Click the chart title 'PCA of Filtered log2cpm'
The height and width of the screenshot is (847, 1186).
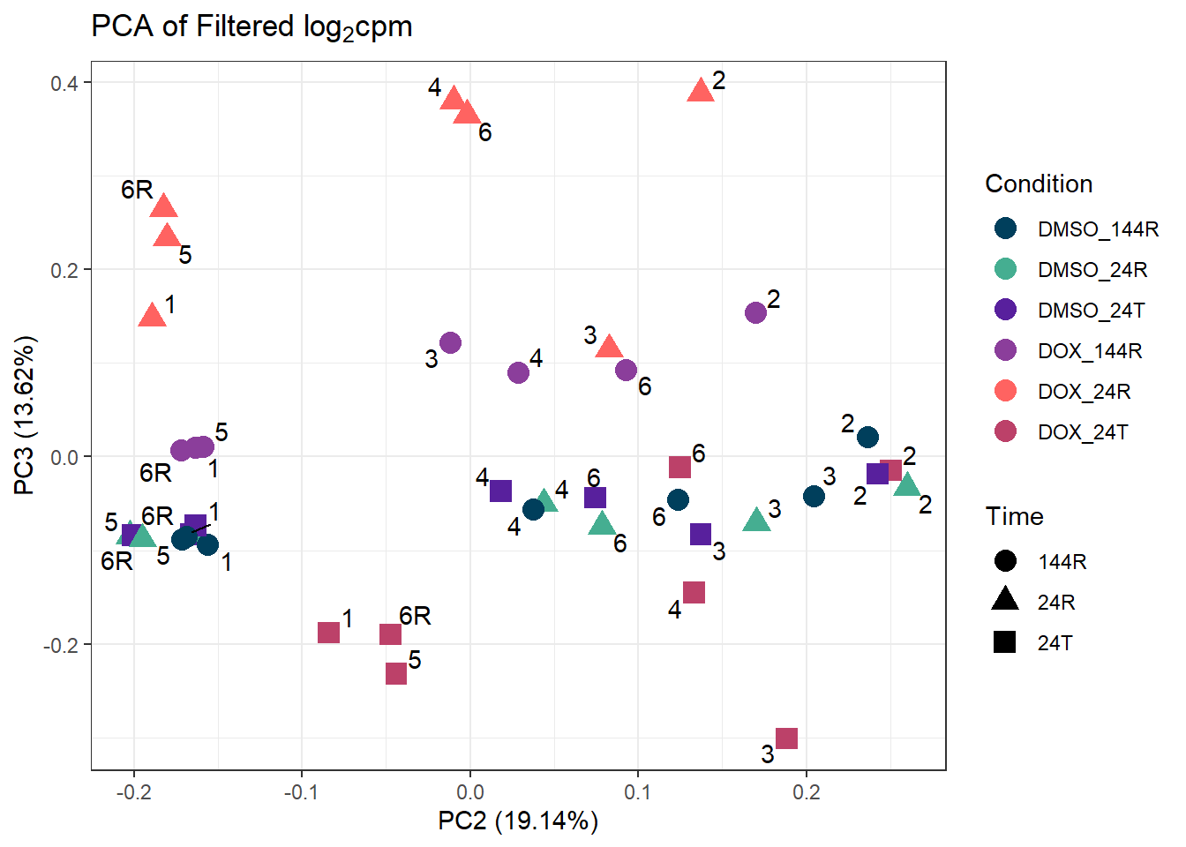point(251,27)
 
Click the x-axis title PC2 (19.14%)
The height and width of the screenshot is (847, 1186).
point(518,821)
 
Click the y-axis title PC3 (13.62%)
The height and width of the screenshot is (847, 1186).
point(24,415)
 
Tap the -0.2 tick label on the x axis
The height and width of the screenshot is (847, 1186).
point(133,792)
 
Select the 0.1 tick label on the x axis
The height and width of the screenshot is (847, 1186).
point(637,792)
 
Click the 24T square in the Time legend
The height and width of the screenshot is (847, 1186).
point(1005,642)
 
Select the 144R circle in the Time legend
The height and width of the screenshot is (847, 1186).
point(1005,561)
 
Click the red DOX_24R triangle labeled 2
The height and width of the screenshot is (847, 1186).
point(701,90)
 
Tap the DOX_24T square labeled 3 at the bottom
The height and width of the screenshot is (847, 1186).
point(786,738)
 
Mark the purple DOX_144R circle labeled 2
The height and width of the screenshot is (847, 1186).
point(755,312)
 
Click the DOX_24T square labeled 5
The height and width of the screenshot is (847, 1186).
point(396,673)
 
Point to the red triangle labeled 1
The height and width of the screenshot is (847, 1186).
point(153,315)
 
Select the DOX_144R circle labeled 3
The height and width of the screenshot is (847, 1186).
point(450,342)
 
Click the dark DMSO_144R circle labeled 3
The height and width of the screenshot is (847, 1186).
point(814,496)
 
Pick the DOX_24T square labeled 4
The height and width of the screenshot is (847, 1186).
point(694,592)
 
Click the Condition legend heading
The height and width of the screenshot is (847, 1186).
point(1039,184)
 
